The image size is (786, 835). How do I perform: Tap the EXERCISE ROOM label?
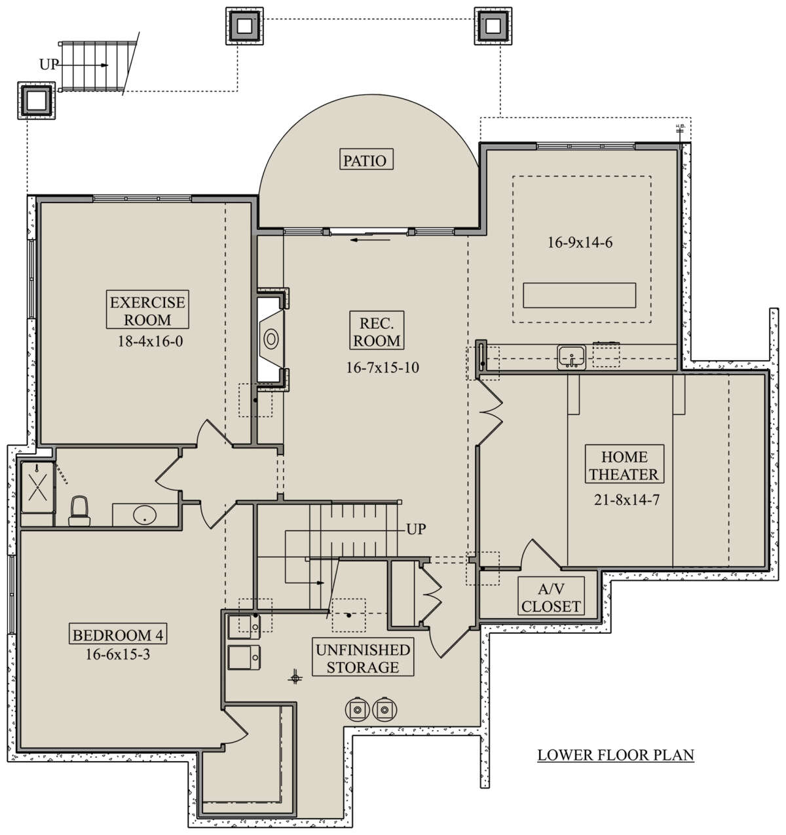(x=147, y=310)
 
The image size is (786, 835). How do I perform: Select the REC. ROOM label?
(x=377, y=331)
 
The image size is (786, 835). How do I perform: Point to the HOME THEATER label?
(x=624, y=464)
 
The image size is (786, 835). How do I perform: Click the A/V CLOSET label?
(x=551, y=597)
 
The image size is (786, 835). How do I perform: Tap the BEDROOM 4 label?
(x=118, y=635)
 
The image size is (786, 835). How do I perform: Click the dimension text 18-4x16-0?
(x=150, y=341)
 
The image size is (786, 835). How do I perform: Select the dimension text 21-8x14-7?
(x=627, y=500)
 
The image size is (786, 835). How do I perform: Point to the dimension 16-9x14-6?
(x=580, y=242)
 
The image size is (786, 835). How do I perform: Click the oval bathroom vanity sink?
(x=145, y=515)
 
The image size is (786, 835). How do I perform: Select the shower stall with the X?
(x=37, y=488)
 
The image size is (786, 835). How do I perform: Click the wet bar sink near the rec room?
(x=572, y=357)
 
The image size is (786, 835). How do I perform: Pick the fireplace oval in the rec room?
(x=271, y=339)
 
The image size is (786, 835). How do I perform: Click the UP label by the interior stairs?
(x=416, y=529)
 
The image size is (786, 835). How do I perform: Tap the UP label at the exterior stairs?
(x=49, y=64)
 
